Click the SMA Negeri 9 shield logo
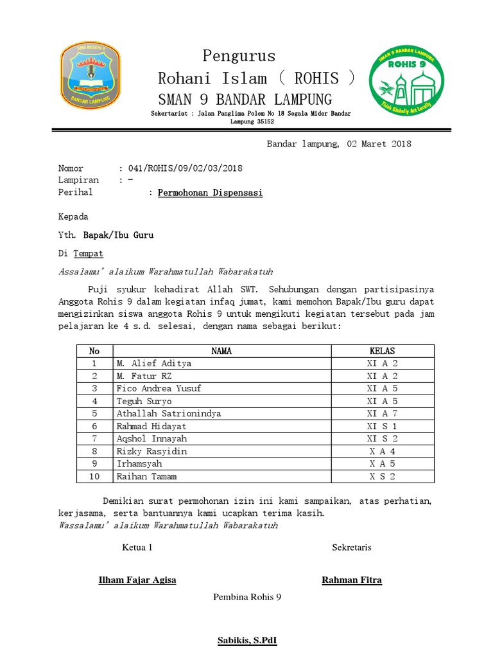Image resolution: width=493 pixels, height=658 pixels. [90, 76]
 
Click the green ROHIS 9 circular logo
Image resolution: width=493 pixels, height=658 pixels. [408, 77]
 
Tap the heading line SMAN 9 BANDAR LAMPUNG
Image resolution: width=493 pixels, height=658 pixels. [245, 100]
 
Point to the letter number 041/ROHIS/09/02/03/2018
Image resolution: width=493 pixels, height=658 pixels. [186, 168]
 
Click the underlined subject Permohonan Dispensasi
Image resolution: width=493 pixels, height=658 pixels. [211, 193]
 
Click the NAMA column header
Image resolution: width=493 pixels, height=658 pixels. [221, 351]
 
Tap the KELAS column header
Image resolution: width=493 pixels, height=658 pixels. [382, 351]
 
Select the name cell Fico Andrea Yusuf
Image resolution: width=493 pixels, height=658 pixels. [159, 389]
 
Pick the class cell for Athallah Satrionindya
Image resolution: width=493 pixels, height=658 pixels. [382, 414]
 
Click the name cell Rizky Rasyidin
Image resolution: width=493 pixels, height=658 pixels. [152, 451]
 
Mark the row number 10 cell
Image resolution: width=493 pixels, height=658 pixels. [94, 477]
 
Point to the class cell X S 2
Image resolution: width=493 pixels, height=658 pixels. [382, 477]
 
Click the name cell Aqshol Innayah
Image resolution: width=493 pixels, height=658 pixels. [152, 439]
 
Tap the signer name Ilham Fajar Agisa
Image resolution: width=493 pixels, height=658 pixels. [137, 580]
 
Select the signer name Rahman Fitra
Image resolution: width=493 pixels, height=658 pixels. [351, 580]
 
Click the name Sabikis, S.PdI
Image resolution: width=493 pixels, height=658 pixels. [247, 641]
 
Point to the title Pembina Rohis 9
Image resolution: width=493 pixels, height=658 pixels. [247, 597]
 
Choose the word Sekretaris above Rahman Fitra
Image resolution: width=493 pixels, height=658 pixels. [351, 547]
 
